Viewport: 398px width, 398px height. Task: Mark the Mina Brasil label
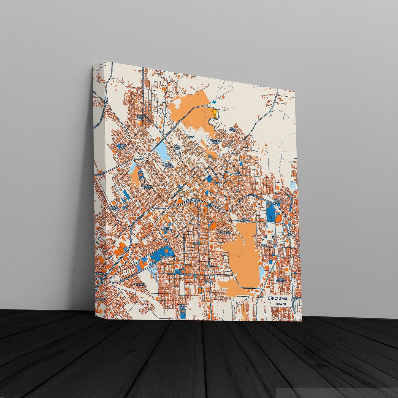(x=233, y=129)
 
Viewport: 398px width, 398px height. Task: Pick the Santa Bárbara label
(x=167, y=229)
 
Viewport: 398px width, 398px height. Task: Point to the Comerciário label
(x=224, y=232)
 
